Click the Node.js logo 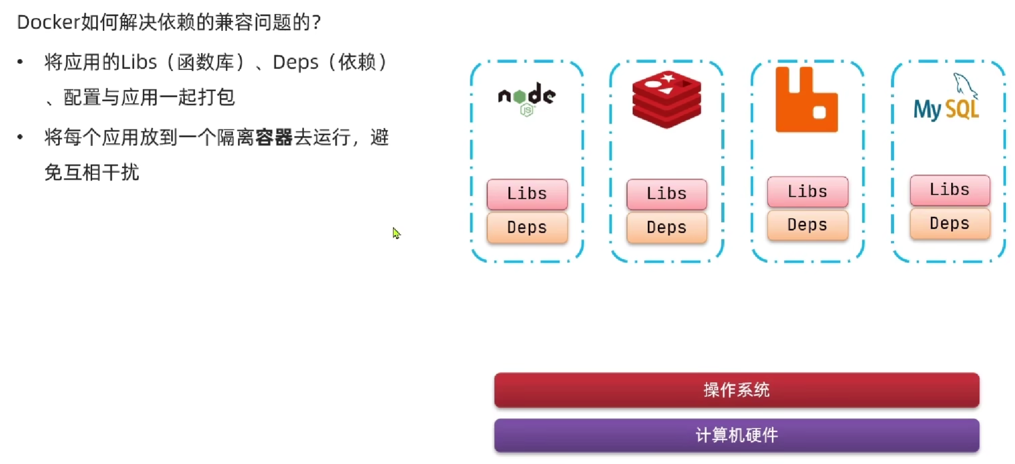(x=527, y=98)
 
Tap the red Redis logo (x=666, y=99)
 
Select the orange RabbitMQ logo (x=806, y=100)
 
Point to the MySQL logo (x=946, y=98)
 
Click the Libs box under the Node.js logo (x=527, y=194)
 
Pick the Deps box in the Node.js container (x=527, y=227)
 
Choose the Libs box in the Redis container (x=666, y=194)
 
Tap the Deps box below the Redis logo (x=666, y=227)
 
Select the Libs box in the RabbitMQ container (x=807, y=191)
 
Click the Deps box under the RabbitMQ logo (x=807, y=225)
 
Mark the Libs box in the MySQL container (x=950, y=190)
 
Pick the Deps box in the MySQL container (x=950, y=223)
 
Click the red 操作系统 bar (x=736, y=389)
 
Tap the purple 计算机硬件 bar (x=736, y=435)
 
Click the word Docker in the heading (x=49, y=22)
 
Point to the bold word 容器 (x=274, y=137)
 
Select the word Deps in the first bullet (x=295, y=62)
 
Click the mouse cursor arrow (x=396, y=233)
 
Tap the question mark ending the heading (x=317, y=22)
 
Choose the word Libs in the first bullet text (x=139, y=62)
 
